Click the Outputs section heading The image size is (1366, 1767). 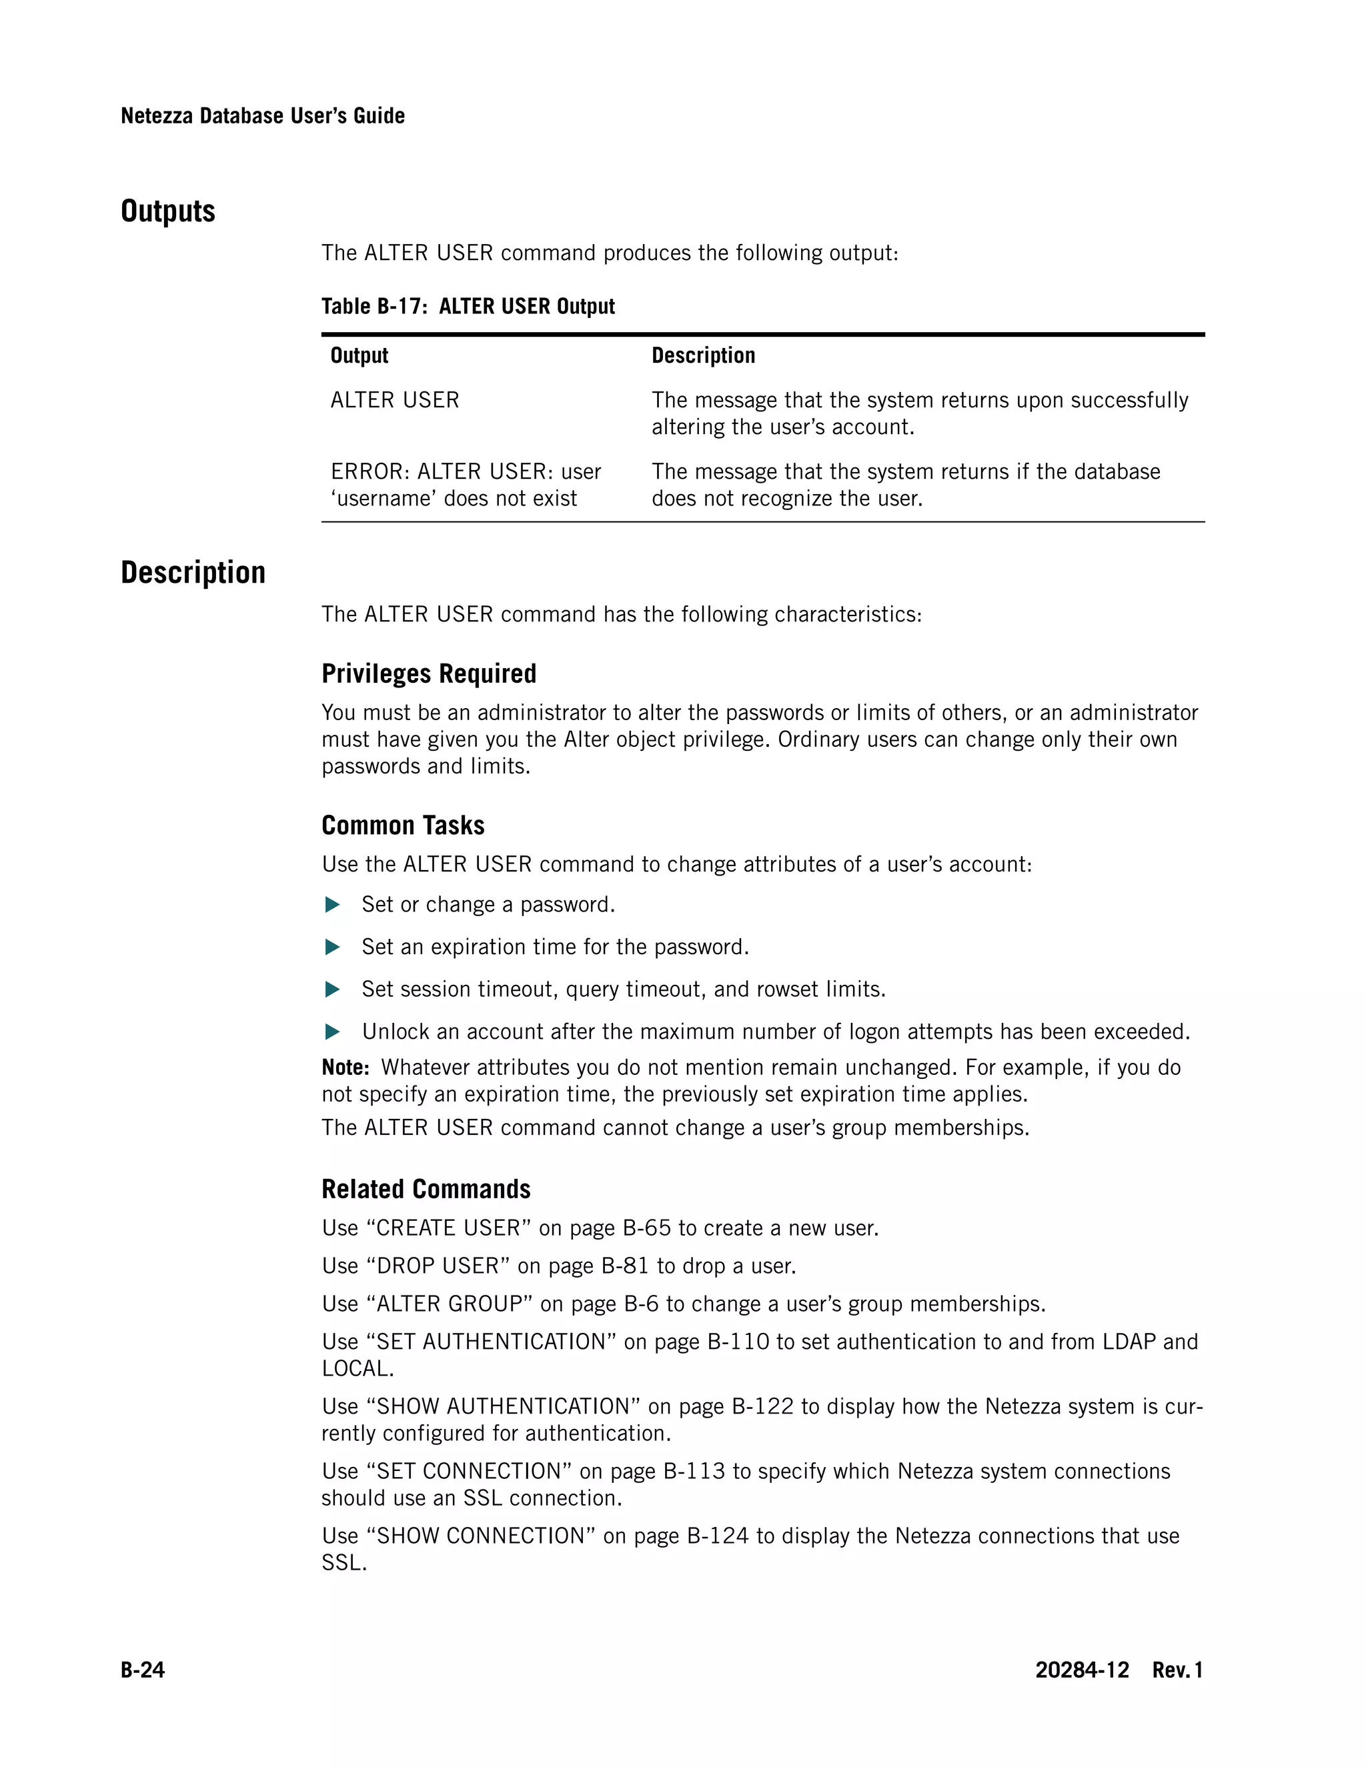(167, 211)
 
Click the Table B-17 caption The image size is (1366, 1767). (468, 307)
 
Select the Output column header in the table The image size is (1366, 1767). (360, 356)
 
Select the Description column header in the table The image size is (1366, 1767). (703, 356)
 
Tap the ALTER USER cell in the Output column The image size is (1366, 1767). (395, 401)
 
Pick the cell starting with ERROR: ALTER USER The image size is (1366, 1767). (466, 485)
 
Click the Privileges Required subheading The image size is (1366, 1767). (429, 674)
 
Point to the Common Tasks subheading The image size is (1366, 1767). (403, 825)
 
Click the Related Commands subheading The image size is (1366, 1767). (426, 1190)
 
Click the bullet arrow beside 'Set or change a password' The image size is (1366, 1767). (331, 906)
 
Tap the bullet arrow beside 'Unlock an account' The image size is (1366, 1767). (331, 1032)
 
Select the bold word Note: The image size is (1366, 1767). (346, 1068)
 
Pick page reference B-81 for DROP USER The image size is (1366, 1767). (626, 1266)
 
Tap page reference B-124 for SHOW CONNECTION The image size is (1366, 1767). (718, 1536)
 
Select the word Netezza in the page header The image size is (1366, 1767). (157, 117)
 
